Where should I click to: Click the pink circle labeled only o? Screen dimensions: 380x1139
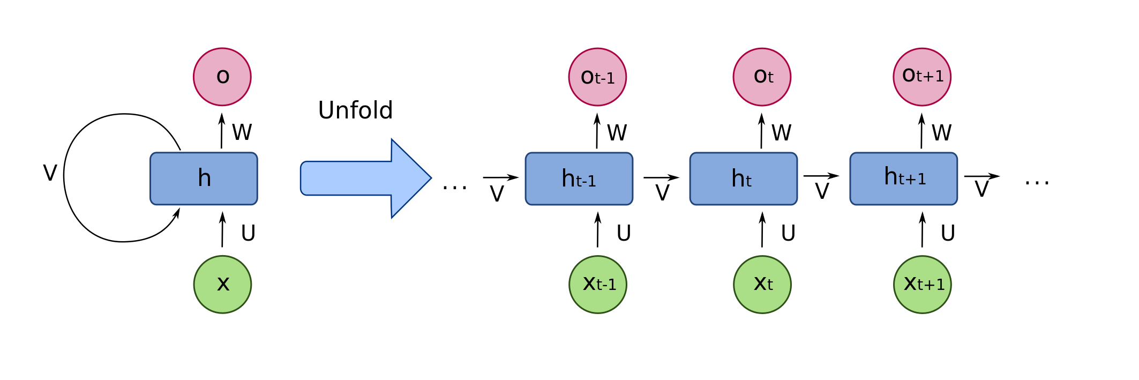tap(222, 77)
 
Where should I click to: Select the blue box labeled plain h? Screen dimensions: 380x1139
tap(204, 178)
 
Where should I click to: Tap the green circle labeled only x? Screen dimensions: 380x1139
tap(222, 284)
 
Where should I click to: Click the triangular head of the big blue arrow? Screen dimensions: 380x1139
tap(410, 178)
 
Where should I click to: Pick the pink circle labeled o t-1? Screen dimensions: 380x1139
tap(597, 77)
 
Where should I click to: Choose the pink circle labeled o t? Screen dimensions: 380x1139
tap(762, 77)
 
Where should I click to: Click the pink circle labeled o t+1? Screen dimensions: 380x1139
tap(922, 77)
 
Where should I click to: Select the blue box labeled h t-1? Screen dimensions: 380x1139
tap(579, 178)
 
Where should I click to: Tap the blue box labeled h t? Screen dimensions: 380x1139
tap(743, 178)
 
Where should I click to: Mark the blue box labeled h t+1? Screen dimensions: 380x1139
tap(903, 178)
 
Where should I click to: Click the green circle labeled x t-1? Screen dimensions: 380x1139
tap(597, 284)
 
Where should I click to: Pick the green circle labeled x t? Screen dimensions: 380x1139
tap(762, 284)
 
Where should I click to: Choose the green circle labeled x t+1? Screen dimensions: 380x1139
tap(922, 284)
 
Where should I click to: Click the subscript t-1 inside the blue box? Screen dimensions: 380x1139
tap(586, 182)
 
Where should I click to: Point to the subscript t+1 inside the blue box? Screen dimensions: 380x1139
tap(912, 179)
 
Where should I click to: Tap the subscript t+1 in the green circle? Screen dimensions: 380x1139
tap(931, 285)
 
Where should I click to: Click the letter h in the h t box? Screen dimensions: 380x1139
tap(738, 178)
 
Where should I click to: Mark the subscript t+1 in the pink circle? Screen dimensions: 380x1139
tap(930, 77)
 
